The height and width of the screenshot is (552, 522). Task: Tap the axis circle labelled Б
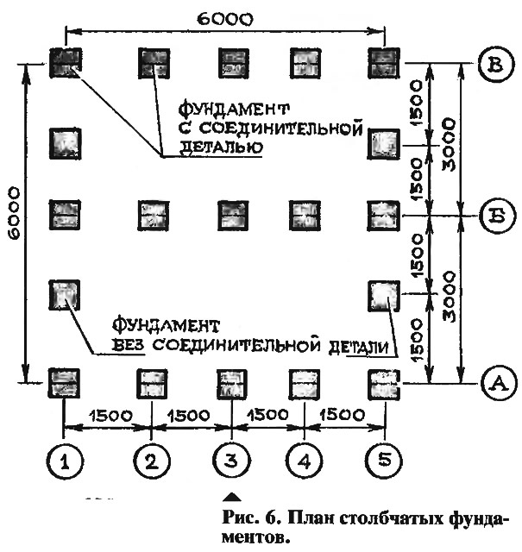[494, 213]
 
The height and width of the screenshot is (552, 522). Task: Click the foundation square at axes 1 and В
[66, 61]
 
